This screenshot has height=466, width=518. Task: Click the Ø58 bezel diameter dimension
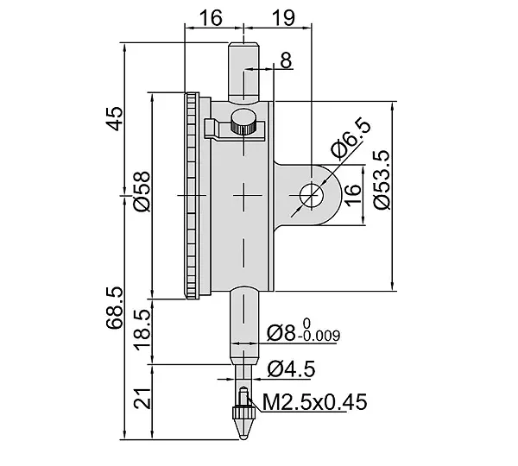(x=142, y=192)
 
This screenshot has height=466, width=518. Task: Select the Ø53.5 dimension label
(x=382, y=180)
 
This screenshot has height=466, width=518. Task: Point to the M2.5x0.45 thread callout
(x=314, y=402)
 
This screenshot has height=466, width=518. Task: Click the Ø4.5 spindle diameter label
(x=292, y=368)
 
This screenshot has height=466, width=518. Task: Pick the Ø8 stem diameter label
(x=281, y=333)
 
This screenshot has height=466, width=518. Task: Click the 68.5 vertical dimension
(x=114, y=308)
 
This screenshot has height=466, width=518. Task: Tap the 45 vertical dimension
(x=114, y=119)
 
